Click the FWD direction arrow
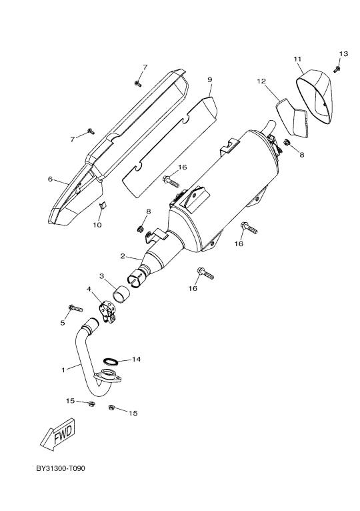[x=58, y=435]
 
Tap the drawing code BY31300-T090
[x=61, y=468]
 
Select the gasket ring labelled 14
[x=111, y=361]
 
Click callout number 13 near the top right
[x=344, y=53]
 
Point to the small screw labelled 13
[x=337, y=69]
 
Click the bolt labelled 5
[x=76, y=308]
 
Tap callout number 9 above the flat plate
[x=209, y=79]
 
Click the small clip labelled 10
[x=102, y=204]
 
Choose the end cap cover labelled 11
[x=314, y=97]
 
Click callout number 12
[x=261, y=81]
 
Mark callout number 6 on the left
[x=50, y=179]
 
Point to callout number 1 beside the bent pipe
[x=63, y=370]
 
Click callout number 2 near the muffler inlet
[x=123, y=256]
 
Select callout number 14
[x=136, y=359]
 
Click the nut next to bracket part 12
[x=287, y=142]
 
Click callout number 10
[x=97, y=225]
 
